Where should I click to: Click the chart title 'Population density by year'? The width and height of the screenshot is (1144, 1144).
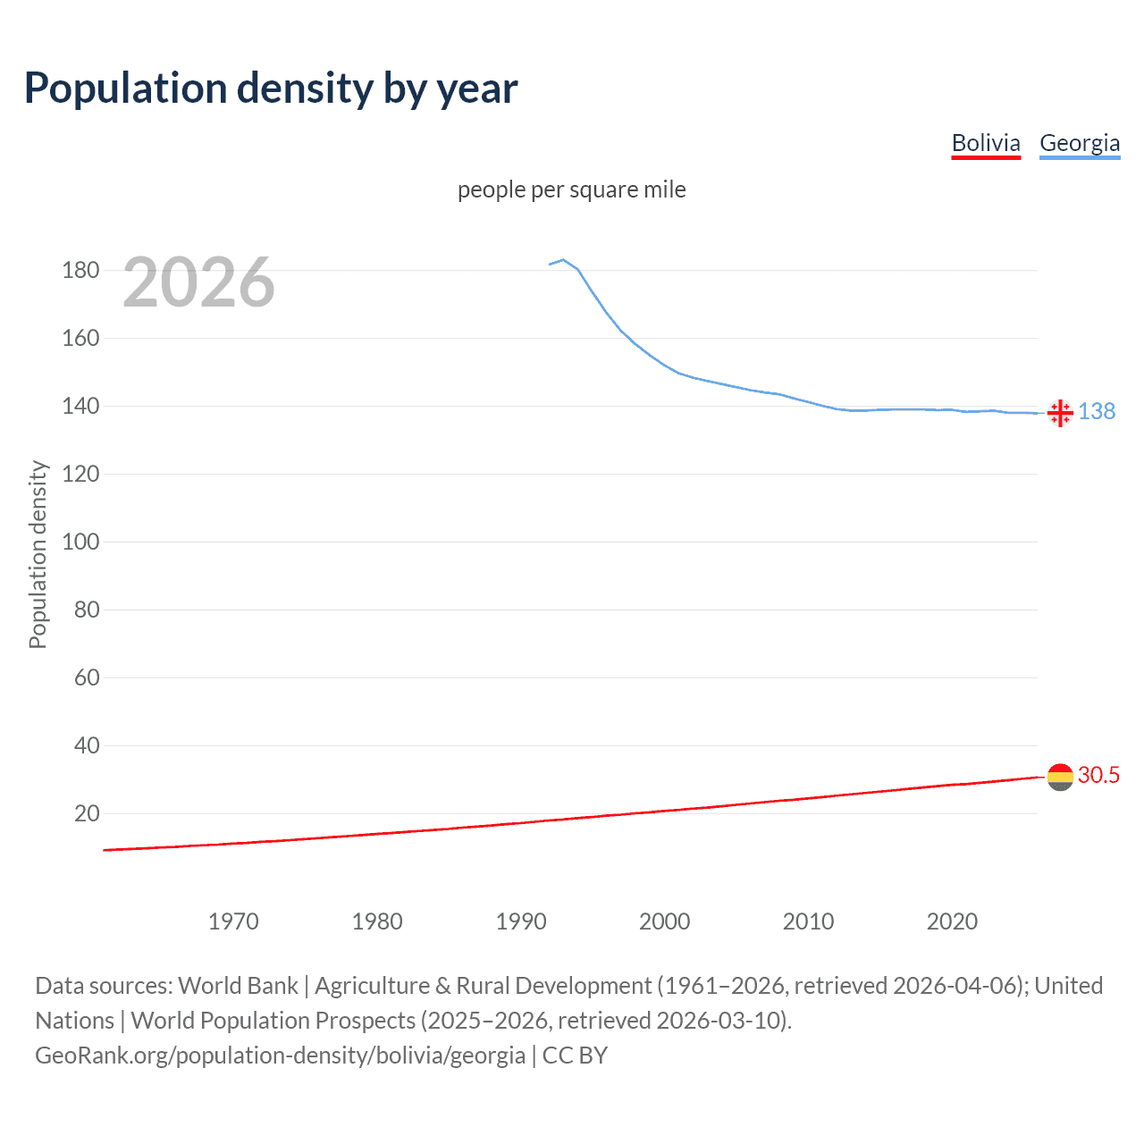[x=271, y=88]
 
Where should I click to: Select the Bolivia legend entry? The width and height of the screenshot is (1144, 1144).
[x=986, y=143]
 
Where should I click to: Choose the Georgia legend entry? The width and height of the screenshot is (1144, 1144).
[x=1080, y=143]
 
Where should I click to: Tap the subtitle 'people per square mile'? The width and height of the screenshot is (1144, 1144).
[x=571, y=189]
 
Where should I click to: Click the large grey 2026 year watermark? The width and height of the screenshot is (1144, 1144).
[x=198, y=282]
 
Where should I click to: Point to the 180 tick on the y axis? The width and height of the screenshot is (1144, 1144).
[x=80, y=270]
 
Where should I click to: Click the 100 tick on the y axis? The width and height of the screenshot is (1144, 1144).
[x=80, y=542]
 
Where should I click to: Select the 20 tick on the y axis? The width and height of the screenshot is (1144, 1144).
[x=87, y=813]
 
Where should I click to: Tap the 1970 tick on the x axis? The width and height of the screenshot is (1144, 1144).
[x=233, y=921]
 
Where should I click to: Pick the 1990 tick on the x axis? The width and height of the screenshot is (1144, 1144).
[x=521, y=921]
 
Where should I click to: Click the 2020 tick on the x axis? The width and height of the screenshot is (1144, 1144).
[x=952, y=921]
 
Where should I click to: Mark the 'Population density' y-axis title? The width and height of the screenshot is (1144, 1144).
[x=38, y=554]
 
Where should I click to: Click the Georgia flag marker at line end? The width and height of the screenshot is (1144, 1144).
[x=1060, y=413]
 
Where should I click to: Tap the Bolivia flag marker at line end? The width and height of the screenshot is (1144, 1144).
[x=1060, y=777]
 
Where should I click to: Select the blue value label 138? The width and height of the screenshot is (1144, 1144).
[x=1097, y=411]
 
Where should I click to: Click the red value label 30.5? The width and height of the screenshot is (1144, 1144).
[x=1098, y=775]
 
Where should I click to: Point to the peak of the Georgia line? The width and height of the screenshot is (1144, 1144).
[x=563, y=260]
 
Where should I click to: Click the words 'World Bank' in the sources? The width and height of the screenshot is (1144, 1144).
[x=238, y=986]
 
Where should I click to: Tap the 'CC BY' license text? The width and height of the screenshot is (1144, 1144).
[x=575, y=1056]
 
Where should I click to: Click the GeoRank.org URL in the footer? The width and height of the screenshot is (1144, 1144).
[x=280, y=1056]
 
